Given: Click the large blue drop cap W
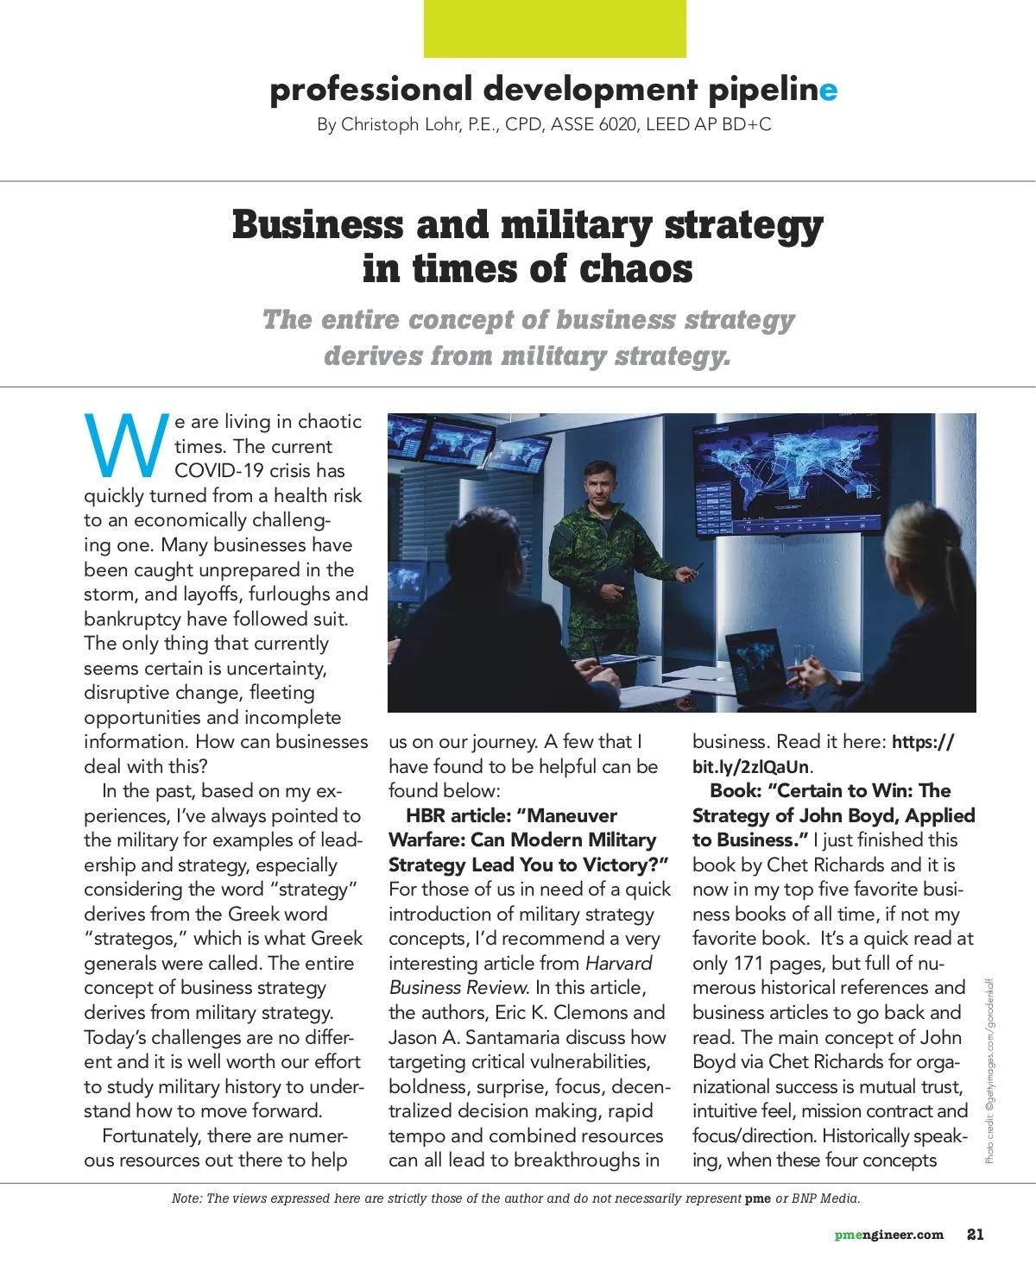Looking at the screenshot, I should [126, 445].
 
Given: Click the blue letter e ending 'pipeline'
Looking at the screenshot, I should [828, 90].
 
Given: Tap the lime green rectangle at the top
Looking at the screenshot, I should [554, 28].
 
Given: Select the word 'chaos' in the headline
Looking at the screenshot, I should [635, 268].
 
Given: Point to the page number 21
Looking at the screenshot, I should [975, 1235].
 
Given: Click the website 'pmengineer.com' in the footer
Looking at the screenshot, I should [888, 1235].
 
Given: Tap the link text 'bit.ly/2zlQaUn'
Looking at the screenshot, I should [750, 766].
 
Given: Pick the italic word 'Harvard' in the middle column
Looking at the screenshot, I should [618, 963].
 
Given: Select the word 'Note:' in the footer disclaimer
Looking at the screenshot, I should [187, 1198].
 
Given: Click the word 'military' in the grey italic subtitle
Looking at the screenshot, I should [554, 356].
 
